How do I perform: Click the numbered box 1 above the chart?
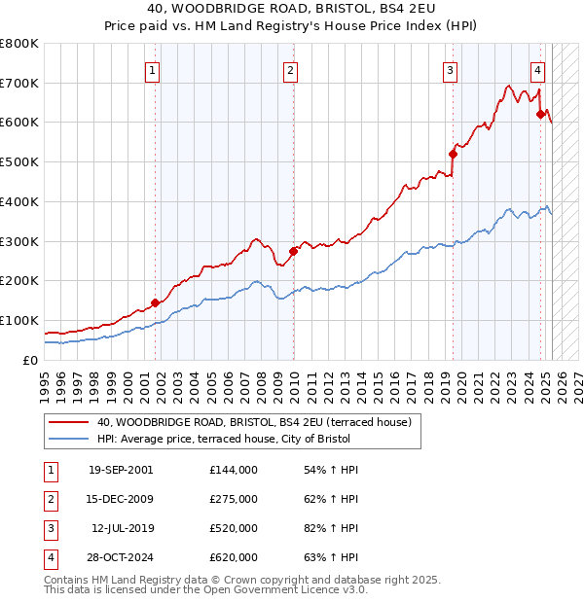coord(154,69)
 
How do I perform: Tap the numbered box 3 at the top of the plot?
coord(451,69)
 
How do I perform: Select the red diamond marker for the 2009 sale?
coord(293,251)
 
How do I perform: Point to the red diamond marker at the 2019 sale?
coord(453,154)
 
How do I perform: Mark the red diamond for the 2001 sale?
coord(155,302)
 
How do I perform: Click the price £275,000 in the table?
coord(234,499)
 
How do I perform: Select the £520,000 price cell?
coord(234,528)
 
